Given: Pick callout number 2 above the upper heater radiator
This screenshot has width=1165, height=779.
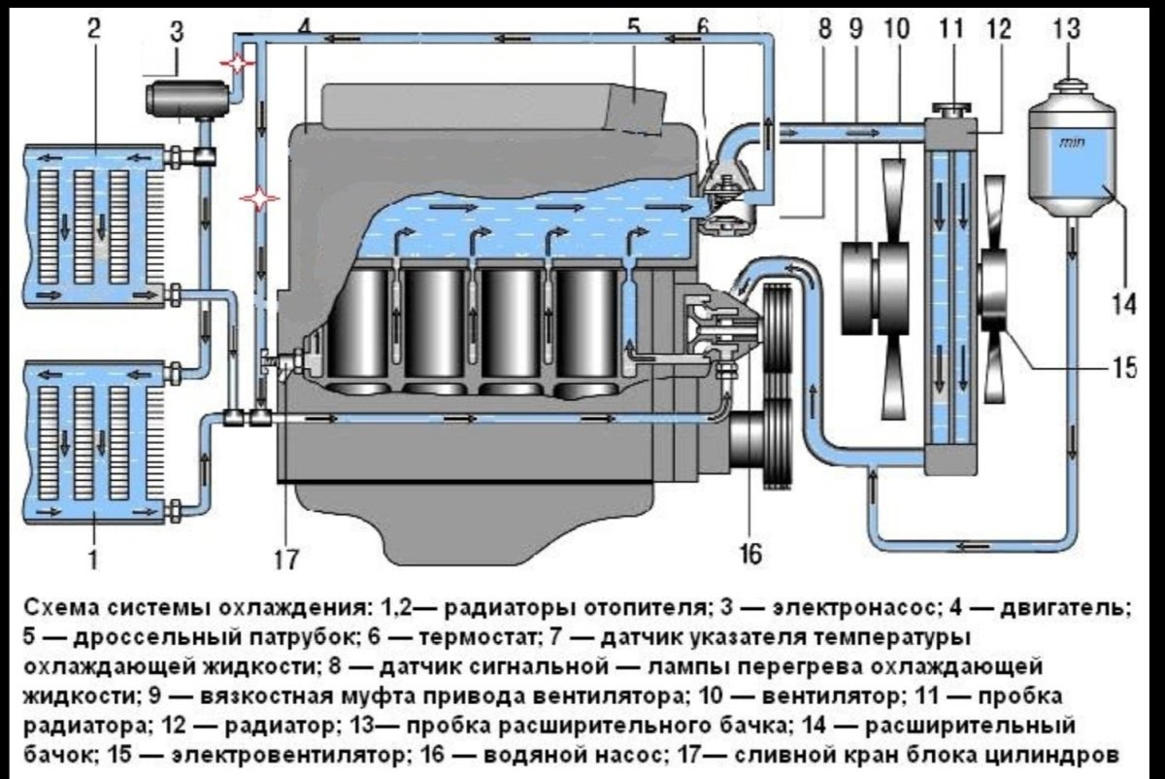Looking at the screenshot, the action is tap(93, 28).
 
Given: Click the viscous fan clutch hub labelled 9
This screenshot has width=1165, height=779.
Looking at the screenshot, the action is tap(859, 278).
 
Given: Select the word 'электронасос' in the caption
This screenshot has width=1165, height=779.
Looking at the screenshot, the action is tap(854, 608).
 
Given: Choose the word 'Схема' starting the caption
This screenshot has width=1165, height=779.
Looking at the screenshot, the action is tap(54, 608).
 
